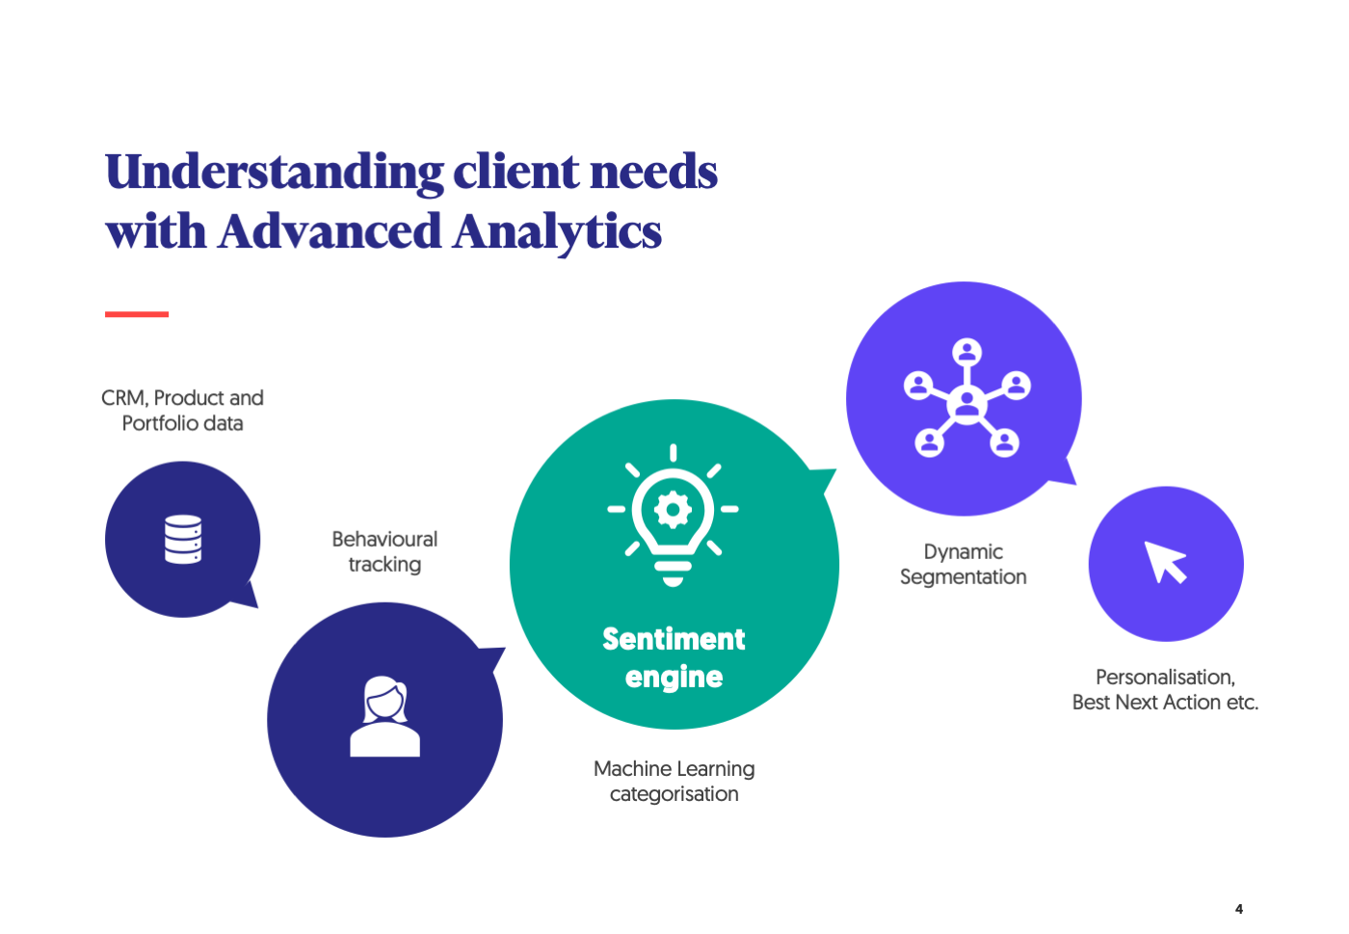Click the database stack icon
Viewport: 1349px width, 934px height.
pyautogui.click(x=183, y=539)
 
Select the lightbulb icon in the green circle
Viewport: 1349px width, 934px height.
pyautogui.click(x=673, y=515)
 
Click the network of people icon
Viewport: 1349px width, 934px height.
pyautogui.click(x=966, y=397)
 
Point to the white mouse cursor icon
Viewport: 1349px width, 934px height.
pyautogui.click(x=1164, y=562)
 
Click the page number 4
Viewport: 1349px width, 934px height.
pyautogui.click(x=1239, y=909)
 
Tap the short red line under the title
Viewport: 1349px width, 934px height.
pyautogui.click(x=137, y=314)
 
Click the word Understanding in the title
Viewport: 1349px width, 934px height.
pyautogui.click(x=274, y=173)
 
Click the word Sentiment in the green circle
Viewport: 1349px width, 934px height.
pyautogui.click(x=674, y=639)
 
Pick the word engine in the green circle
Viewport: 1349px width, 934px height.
pyautogui.click(x=674, y=678)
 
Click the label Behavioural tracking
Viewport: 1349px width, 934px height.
pyautogui.click(x=384, y=551)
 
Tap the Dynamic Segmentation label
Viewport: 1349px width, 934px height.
pyautogui.click(x=963, y=564)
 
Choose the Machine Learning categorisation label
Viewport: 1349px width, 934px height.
pyautogui.click(x=674, y=781)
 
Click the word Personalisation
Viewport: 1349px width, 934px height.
pyautogui.click(x=1164, y=677)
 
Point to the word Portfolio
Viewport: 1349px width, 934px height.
pyautogui.click(x=160, y=423)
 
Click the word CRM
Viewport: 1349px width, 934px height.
pyautogui.click(x=123, y=398)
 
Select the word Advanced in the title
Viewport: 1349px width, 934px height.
pyautogui.click(x=330, y=232)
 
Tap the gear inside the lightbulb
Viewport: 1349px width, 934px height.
pyautogui.click(x=673, y=509)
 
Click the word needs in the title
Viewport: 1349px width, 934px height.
pyautogui.click(x=653, y=173)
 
